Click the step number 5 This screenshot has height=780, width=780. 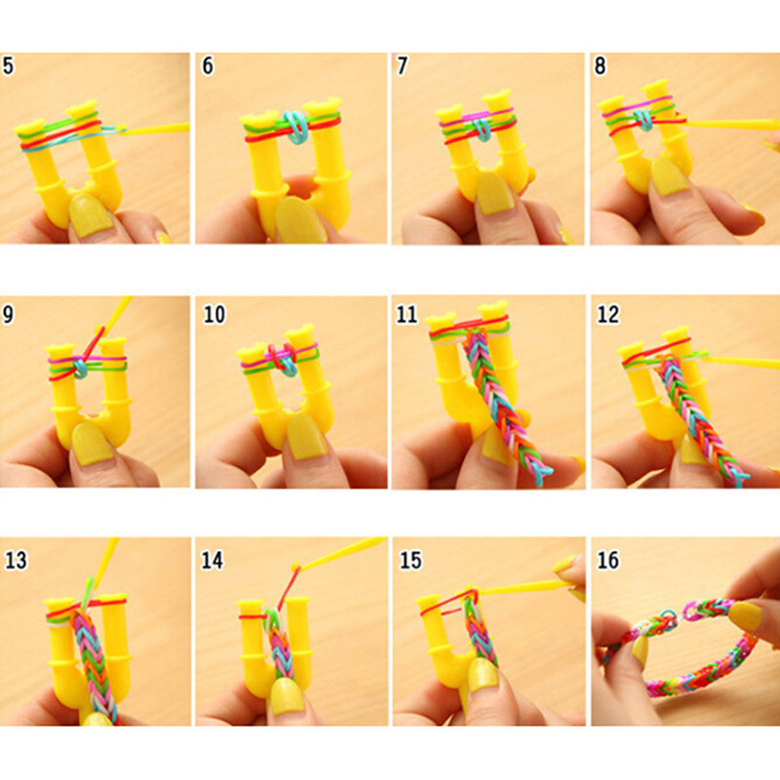tap(8, 65)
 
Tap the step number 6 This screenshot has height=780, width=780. tap(208, 65)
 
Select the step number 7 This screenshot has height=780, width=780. tap(402, 65)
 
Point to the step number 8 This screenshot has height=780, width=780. tap(601, 65)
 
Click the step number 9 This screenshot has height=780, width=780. tap(8, 314)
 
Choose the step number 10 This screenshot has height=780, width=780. tap(214, 314)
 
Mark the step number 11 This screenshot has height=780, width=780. tap(407, 314)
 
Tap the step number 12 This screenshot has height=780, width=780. tap(607, 314)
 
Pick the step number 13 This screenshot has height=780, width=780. tap(16, 560)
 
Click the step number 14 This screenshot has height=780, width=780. tap(213, 560)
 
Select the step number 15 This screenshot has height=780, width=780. tap(410, 560)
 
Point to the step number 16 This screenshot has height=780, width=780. tap(607, 560)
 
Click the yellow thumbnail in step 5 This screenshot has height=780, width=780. tap(91, 214)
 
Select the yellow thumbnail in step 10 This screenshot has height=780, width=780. tap(308, 436)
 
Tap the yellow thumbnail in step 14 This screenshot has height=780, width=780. tap(288, 695)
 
